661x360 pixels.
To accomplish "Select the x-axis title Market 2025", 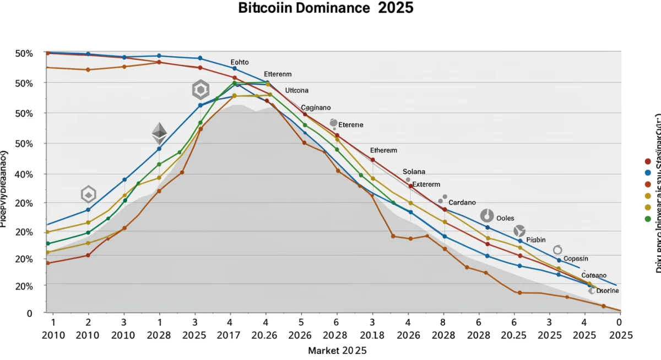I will tap(337, 350).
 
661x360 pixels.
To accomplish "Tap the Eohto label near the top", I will tap(240, 63).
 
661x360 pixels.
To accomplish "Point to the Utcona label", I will tap(297, 90).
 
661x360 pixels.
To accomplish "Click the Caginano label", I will tap(316, 108).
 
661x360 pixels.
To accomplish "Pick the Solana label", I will tap(414, 172).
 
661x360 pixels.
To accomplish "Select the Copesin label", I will tap(576, 259).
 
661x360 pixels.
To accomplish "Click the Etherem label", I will tap(383, 150).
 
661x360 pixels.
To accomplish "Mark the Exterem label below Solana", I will tap(426, 184).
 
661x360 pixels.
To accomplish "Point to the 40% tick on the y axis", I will tap(25, 174).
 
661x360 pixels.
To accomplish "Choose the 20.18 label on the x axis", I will tap(372, 335).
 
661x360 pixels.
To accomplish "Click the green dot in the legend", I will tap(648, 219).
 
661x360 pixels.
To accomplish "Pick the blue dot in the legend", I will tap(648, 173).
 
